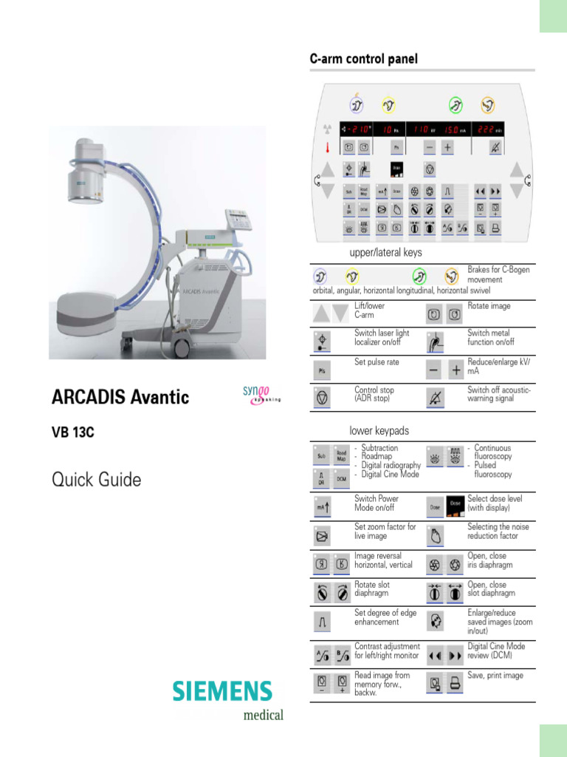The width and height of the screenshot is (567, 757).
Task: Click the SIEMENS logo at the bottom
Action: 222,692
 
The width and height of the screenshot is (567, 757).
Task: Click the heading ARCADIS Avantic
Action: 120,398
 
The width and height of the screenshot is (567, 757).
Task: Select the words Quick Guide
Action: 96,480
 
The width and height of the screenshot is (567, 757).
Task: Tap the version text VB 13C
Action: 73,434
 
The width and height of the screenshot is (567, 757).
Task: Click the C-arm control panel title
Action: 363,58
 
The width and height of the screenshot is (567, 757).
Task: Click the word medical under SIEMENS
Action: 263,715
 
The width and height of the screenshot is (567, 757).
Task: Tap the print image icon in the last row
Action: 456,684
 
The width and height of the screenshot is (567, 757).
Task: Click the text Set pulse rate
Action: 377,361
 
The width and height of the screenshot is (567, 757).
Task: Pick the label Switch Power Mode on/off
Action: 376,503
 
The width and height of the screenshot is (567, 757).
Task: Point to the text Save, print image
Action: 495,676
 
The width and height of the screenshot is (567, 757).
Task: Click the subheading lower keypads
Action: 379,430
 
